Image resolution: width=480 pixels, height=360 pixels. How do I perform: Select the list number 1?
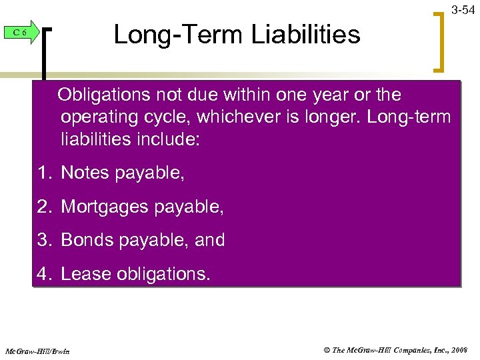[x=44, y=173]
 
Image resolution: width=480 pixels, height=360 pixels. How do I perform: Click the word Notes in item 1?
[x=85, y=173]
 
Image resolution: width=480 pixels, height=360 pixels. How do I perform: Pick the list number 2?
[x=44, y=207]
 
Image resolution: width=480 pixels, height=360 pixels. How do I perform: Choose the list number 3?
[x=44, y=240]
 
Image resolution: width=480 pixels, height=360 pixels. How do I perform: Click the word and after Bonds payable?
[x=210, y=240]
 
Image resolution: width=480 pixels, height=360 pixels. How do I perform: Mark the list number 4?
[x=44, y=273]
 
